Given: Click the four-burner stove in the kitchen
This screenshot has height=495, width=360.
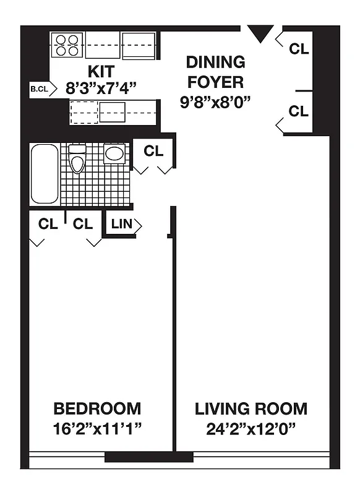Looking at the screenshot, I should [x=67, y=45].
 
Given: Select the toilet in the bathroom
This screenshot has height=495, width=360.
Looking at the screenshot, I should [x=77, y=160].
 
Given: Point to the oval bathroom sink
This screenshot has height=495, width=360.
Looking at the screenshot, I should [x=114, y=153].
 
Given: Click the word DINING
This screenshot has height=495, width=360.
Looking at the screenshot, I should [x=215, y=62].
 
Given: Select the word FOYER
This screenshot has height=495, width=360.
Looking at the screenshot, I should [x=215, y=82].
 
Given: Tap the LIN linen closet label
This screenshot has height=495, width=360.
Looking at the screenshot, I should [x=122, y=224].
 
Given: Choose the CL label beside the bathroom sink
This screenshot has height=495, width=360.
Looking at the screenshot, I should [x=153, y=151].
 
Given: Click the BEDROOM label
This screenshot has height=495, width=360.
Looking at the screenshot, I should [x=97, y=408].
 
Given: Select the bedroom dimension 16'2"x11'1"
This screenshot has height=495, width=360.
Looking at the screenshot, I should [x=98, y=428].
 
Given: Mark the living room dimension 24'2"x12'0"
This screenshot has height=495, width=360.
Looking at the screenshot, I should [x=251, y=428].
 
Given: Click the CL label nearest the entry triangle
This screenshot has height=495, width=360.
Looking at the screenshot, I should [x=299, y=49].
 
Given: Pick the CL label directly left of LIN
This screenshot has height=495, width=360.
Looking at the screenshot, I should [x=83, y=224].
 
